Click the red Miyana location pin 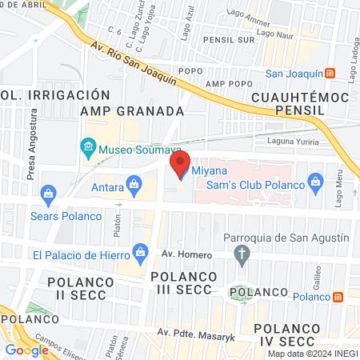tap(179, 162)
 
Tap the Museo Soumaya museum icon tap(88, 148)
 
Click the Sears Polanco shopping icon tap(48, 194)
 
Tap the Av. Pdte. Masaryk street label tap(196, 334)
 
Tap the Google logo tap(26, 350)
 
